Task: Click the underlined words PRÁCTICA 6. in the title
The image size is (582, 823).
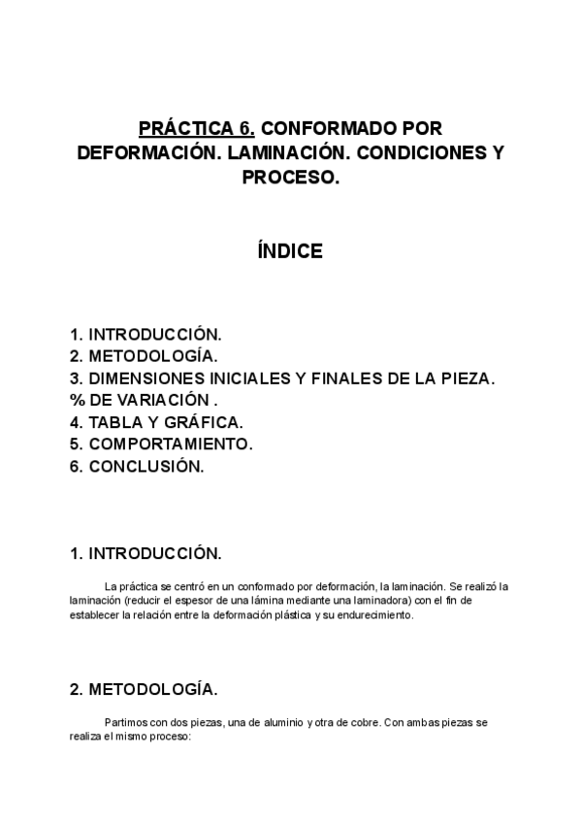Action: [x=198, y=129]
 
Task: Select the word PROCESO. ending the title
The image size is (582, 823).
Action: [x=290, y=178]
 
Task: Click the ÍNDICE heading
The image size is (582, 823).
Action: [x=289, y=251]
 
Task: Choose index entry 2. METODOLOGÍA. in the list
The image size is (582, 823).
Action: [x=144, y=356]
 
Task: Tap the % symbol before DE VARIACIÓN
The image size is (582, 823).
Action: [x=77, y=400]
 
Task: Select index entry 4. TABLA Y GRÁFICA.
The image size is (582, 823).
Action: [x=156, y=422]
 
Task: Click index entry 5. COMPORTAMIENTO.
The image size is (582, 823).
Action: [x=161, y=444]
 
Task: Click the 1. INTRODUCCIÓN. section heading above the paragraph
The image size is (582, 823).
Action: [x=145, y=555]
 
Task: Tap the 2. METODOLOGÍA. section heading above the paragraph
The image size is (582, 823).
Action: [x=144, y=690]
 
